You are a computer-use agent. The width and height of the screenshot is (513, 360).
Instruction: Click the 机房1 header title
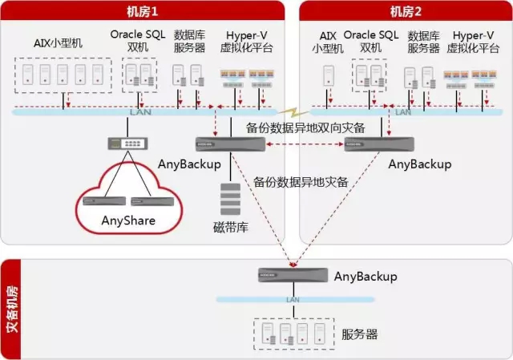[143, 11]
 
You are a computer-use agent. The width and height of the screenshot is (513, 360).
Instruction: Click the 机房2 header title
[406, 11]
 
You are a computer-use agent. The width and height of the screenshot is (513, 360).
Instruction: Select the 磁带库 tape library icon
[230, 199]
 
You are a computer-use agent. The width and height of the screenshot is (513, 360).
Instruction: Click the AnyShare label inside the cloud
[128, 220]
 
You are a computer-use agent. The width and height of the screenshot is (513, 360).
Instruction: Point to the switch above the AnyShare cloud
[128, 144]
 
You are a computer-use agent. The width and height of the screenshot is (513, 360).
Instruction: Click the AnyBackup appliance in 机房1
[230, 144]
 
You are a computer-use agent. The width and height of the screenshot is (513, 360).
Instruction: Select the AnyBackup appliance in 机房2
[379, 144]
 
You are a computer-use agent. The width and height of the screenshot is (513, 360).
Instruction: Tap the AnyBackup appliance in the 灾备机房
[293, 275]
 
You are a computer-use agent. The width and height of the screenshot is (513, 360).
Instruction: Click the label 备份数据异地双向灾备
[305, 127]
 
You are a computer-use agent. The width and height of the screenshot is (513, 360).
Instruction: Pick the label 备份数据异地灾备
[301, 182]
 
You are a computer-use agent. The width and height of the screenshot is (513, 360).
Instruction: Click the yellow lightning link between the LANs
[293, 113]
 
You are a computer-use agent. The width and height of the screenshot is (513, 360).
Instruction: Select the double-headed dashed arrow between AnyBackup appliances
[305, 144]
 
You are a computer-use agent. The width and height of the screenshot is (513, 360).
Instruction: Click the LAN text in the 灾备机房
[293, 299]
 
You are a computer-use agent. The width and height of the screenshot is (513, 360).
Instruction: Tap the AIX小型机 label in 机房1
[58, 42]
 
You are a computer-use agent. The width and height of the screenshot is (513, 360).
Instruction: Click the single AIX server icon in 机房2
[329, 76]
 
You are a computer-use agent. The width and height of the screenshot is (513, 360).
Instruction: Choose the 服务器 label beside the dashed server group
[360, 334]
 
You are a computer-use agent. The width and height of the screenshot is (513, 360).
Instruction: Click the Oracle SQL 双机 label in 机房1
[138, 41]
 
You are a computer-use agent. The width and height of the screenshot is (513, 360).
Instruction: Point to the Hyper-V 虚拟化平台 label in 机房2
[473, 42]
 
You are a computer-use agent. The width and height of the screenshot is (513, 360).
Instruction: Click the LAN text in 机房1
[140, 112]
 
